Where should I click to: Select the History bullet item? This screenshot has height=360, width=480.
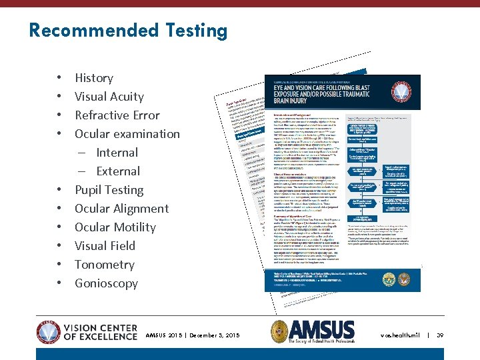(x=94, y=78)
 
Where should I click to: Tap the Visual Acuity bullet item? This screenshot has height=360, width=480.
(x=109, y=97)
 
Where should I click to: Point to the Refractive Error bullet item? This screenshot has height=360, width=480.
(x=117, y=115)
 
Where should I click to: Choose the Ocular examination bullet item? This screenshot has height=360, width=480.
(x=127, y=134)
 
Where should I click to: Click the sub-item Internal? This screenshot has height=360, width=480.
(x=117, y=153)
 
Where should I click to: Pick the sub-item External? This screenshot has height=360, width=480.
(x=118, y=171)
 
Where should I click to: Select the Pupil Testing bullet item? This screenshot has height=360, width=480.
(x=109, y=190)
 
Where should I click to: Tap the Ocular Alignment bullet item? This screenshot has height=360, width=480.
(x=122, y=209)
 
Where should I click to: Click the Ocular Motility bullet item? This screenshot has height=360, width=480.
(x=115, y=227)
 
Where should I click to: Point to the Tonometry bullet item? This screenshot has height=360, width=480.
(x=105, y=265)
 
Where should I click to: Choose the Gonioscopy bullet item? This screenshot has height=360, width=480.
(x=107, y=283)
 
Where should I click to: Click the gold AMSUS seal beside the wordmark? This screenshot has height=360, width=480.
(x=281, y=331)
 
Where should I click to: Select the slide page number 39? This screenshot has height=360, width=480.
(x=439, y=335)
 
